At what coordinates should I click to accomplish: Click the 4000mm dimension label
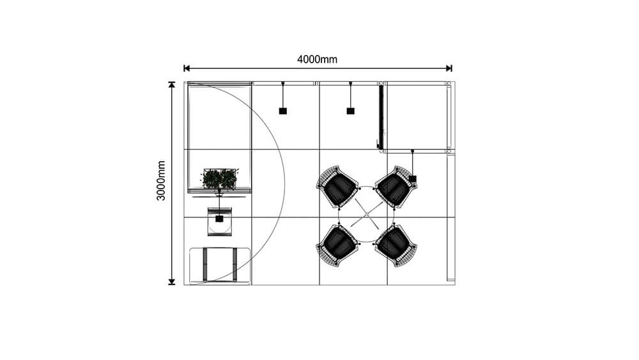[317, 59]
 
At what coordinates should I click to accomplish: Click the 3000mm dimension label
[162, 180]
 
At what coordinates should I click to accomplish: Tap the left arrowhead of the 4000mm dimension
[187, 68]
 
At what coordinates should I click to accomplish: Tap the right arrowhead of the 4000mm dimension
[449, 68]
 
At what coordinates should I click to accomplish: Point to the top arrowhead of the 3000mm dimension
[171, 84]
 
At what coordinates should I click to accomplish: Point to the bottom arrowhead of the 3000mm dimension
[171, 281]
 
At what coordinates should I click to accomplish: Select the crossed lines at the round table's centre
[367, 214]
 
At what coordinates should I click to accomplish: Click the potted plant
[219, 178]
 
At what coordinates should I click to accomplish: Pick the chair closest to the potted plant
[337, 186]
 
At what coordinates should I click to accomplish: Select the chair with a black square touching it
[396, 186]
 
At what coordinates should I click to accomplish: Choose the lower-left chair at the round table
[337, 244]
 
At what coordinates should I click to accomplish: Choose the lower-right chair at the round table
[396, 244]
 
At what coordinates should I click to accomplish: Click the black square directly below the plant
[219, 219]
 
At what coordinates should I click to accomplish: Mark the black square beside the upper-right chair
[413, 178]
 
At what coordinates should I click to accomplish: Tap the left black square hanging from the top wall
[282, 111]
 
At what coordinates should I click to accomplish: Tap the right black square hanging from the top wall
[350, 111]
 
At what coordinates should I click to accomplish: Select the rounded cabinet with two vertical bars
[220, 265]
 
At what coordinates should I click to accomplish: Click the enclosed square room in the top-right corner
[416, 116]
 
